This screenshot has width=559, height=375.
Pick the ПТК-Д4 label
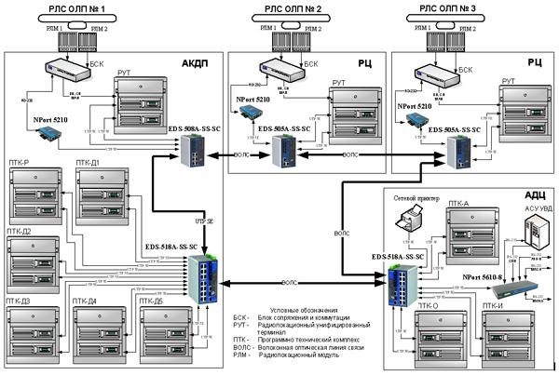(90, 301)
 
